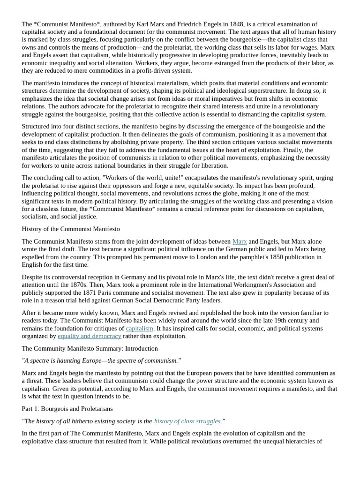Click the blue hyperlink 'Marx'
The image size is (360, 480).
point(240,241)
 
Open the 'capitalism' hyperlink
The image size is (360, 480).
point(139,329)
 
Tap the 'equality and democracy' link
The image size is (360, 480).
point(89,336)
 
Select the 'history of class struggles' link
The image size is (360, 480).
point(187,421)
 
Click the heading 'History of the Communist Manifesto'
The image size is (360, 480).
point(71,229)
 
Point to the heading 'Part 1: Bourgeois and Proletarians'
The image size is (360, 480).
point(67,409)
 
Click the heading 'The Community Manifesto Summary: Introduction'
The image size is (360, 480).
point(90,349)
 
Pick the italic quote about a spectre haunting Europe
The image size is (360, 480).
point(101,361)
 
